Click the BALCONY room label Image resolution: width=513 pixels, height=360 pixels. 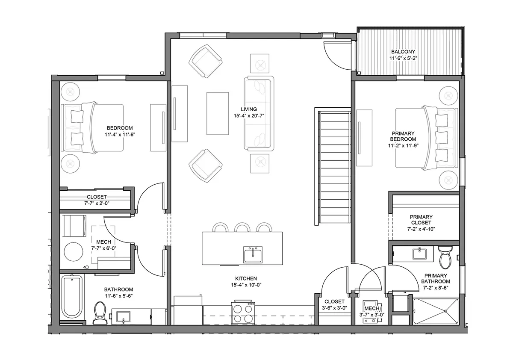pos(403,52)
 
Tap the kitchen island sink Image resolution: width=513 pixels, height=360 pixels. pos(253,254)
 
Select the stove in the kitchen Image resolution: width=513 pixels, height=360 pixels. pos(243,313)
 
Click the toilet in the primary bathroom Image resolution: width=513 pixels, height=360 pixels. pos(445,257)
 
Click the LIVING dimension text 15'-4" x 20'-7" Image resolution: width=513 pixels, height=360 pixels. pos(249,115)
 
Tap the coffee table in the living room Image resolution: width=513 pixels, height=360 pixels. pos(218,113)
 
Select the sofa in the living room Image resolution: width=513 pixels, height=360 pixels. pos(259,114)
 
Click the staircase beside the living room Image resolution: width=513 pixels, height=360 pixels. pos(333,166)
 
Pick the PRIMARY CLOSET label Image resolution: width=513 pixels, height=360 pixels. pos(421,220)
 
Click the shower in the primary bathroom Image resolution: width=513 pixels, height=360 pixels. pos(436,311)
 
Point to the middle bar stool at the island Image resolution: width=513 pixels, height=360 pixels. pos(242,227)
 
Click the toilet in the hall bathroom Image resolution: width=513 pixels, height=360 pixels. pos(100,313)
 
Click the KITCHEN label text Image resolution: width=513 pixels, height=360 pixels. pos(246,278)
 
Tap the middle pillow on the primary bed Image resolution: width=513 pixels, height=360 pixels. pos(441,138)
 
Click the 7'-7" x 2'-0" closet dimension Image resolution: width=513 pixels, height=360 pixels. pos(97,203)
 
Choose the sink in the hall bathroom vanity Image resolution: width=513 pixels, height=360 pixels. pos(123,317)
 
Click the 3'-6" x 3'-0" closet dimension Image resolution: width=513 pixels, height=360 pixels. pos(334,308)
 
